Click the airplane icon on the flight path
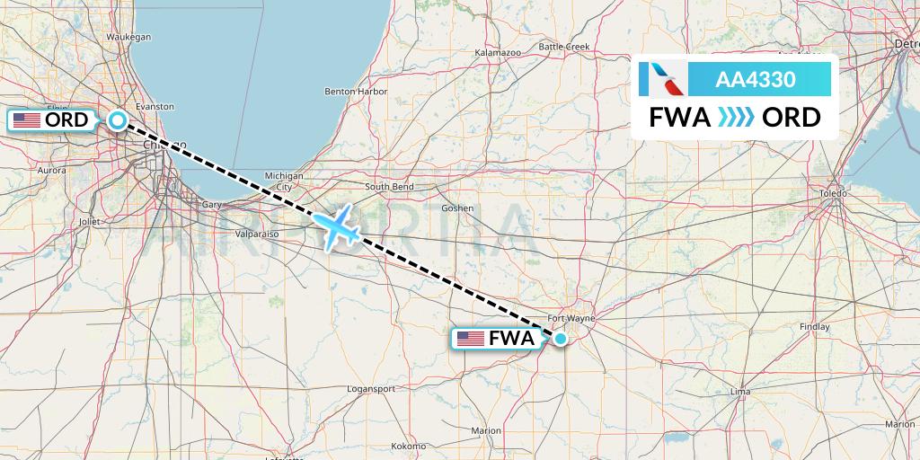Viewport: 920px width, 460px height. [336, 228]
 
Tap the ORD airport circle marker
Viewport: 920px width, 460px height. [118, 119]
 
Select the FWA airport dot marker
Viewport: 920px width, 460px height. [561, 339]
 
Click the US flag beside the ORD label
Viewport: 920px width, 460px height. [27, 120]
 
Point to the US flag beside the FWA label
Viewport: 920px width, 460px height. [470, 339]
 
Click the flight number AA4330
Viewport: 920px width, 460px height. [755, 79]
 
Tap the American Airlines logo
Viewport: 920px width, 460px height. [666, 79]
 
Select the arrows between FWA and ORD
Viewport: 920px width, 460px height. [737, 118]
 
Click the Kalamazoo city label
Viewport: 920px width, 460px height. [498, 54]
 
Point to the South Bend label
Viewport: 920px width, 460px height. [389, 187]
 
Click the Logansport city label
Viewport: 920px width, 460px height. [371, 389]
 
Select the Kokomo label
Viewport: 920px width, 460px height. [410, 446]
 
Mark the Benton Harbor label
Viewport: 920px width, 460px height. [356, 92]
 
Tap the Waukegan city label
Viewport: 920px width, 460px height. [128, 37]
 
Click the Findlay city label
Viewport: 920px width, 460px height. [813, 327]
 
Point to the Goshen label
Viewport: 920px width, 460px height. [457, 208]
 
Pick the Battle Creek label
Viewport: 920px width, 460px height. [563, 47]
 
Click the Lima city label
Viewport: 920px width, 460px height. [740, 392]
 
